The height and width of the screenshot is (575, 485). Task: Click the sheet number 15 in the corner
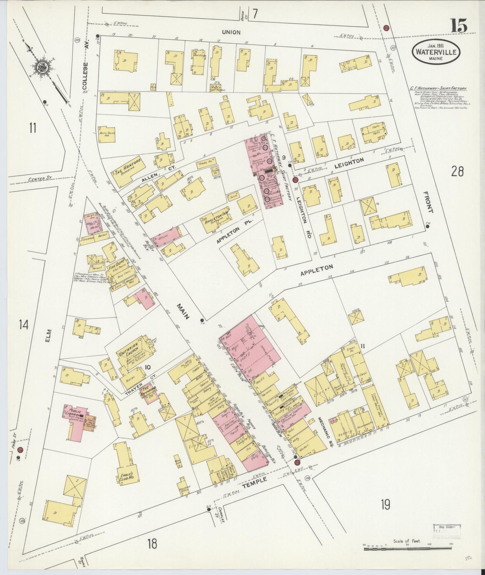click(459, 26)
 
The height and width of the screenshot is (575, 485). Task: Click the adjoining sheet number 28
click(457, 172)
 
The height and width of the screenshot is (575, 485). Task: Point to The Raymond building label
click(149, 390)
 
